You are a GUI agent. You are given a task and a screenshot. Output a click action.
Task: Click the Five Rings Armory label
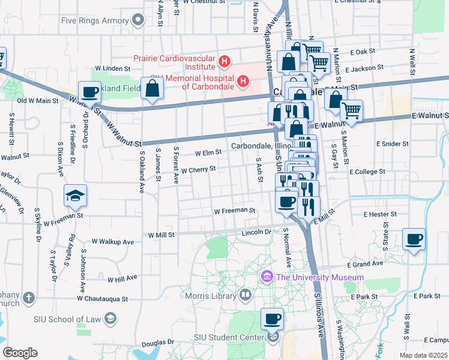pos(95,20)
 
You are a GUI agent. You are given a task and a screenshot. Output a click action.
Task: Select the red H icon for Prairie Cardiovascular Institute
pos(224,61)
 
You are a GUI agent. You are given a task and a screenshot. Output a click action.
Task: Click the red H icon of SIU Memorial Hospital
pos(243,80)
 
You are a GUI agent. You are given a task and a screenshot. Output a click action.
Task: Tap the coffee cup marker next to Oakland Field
pos(89,92)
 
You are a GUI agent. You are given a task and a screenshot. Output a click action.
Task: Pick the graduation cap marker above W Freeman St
pos(76,196)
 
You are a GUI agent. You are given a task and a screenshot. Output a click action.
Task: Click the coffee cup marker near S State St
pos(414,239)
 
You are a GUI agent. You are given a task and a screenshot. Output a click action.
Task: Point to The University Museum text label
pos(320,277)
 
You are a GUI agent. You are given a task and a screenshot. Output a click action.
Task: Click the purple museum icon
pos(267,277)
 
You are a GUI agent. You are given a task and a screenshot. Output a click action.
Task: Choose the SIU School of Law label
pos(70,318)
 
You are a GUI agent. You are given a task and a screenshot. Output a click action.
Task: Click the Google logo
pos(20,352)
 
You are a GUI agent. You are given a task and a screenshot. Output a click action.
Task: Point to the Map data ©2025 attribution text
pos(424,355)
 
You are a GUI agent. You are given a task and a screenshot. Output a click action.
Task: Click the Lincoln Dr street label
pos(256,232)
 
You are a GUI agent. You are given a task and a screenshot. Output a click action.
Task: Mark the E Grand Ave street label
pos(364,263)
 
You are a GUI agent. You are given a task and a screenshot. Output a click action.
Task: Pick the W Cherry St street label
pos(199,170)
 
